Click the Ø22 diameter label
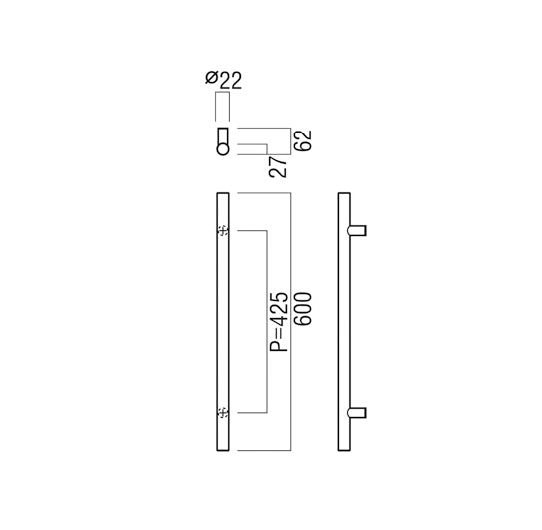(223, 80)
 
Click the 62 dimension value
(303, 140)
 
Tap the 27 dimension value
(278, 167)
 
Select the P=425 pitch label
(279, 322)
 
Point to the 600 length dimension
(303, 309)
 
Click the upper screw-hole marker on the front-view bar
(223, 230)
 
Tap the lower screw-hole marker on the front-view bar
(223, 412)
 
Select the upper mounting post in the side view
(356, 230)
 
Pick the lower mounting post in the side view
(356, 413)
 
